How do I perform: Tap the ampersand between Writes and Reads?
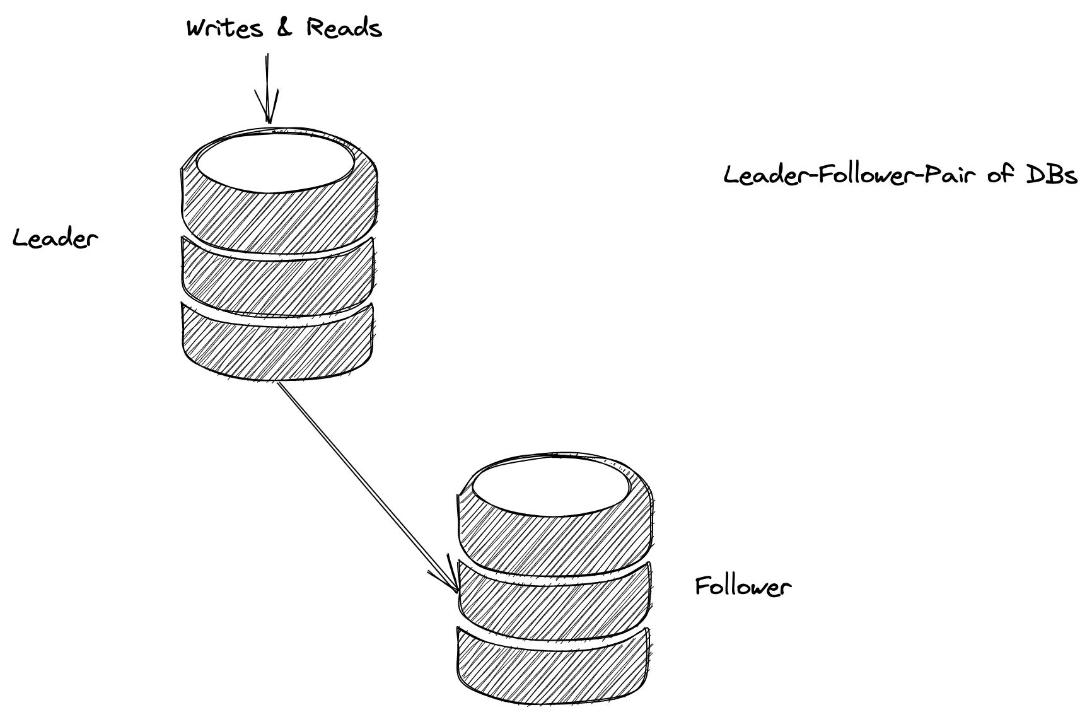[x=284, y=28]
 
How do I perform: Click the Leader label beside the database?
[x=55, y=238]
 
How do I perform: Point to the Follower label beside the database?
[x=743, y=586]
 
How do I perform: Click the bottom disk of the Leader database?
[x=278, y=341]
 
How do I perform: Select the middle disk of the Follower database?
[x=553, y=595]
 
